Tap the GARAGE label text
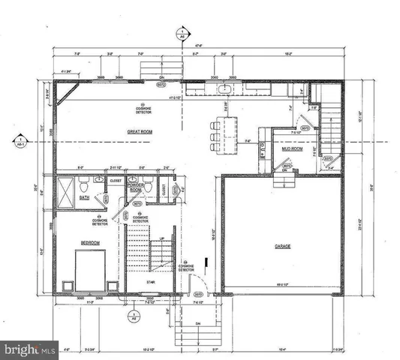tap(281, 245)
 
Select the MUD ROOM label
tap(291, 148)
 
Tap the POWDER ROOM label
tap(137, 190)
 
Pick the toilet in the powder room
tap(149, 186)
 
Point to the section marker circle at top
tap(181, 34)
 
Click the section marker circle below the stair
tap(133, 315)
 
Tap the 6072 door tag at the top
tap(161, 85)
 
